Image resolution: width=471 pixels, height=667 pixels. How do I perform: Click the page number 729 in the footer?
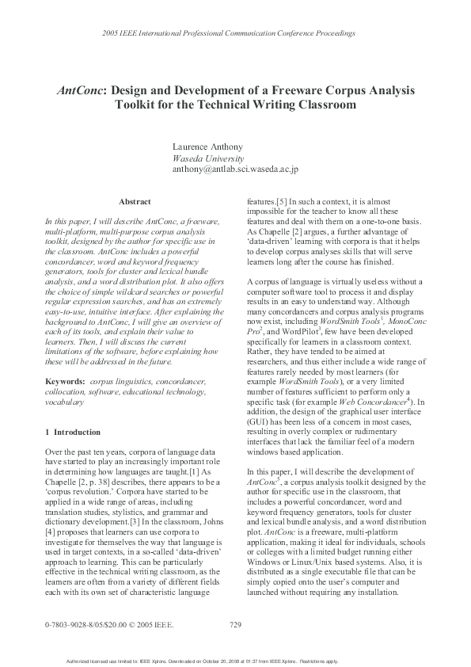point(234,624)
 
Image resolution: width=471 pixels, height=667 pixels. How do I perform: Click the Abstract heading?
point(135,202)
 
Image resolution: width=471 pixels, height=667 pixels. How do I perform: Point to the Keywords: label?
point(66,383)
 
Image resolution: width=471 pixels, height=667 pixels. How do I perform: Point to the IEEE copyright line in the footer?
point(109,624)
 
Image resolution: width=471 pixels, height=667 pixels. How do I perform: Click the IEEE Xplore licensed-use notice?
point(234,660)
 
